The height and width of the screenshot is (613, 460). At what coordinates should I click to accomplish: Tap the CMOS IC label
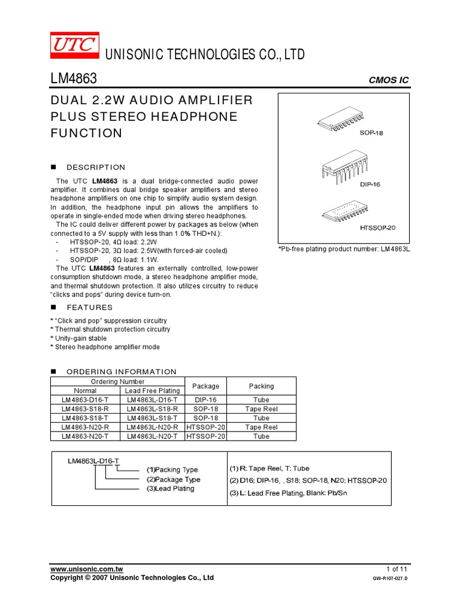389,81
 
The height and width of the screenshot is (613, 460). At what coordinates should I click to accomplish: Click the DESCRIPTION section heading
96,168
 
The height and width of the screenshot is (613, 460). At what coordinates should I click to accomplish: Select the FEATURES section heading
89,308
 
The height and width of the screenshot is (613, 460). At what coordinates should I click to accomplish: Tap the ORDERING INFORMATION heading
122,372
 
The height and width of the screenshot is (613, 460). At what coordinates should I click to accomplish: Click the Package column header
205,386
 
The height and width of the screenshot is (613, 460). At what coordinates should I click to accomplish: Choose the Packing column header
261,386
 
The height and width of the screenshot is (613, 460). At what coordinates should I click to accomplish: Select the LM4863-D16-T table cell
84,400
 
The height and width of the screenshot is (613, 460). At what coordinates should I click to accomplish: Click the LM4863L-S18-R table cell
152,409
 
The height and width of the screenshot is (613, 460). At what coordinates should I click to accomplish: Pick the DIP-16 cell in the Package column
205,400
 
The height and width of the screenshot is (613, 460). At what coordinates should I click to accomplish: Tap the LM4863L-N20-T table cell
152,436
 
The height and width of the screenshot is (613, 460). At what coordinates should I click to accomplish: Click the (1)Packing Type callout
172,470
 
